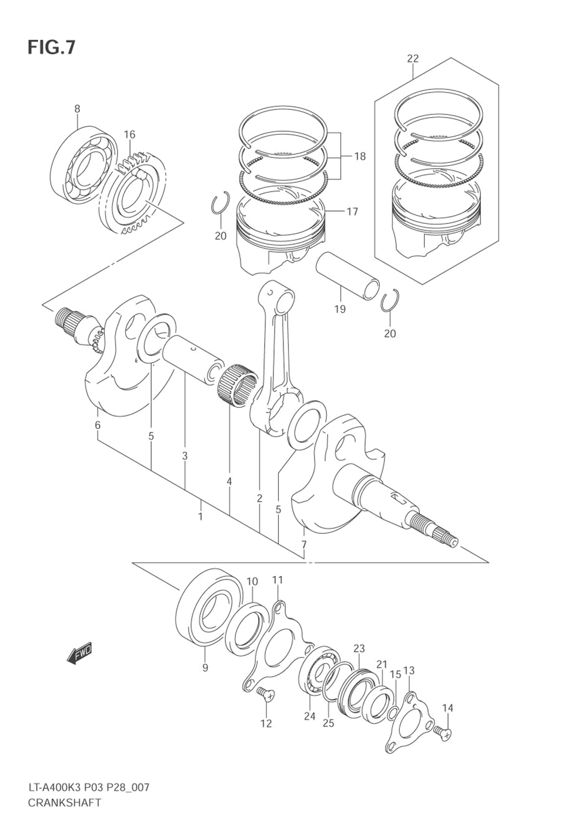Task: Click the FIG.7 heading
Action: [51, 48]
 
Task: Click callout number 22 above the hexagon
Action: [412, 58]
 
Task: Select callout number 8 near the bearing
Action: [77, 109]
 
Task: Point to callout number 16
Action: [129, 134]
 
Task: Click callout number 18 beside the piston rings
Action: [360, 156]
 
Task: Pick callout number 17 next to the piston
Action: [352, 212]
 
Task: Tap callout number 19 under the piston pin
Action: [340, 309]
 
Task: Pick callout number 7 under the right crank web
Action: [303, 545]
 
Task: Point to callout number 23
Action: [359, 648]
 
